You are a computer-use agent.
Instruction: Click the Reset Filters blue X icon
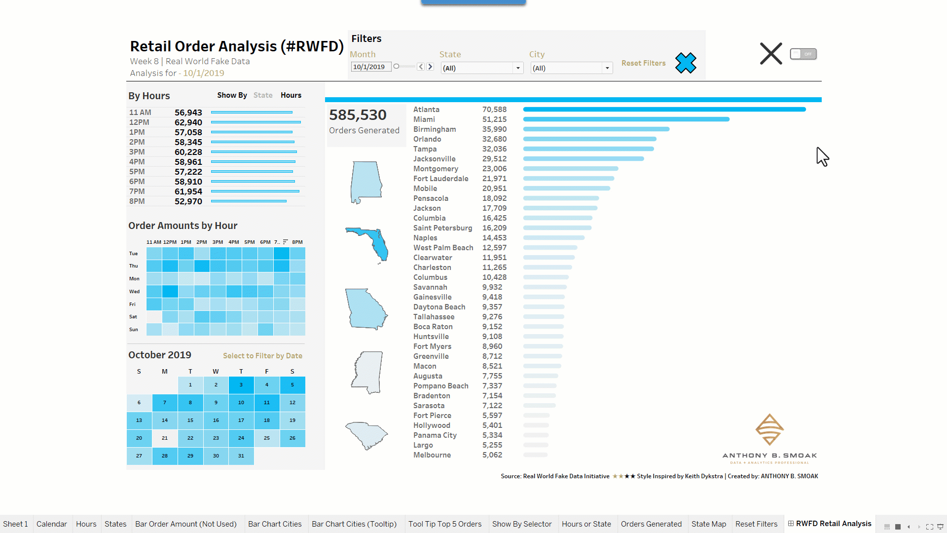pos(686,63)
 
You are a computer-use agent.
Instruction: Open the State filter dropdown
pos(517,68)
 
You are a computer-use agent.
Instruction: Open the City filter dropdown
pos(607,68)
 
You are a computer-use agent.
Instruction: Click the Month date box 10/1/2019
pos(370,67)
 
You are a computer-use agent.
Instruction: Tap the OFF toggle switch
pos(803,54)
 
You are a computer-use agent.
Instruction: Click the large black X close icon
pos(770,54)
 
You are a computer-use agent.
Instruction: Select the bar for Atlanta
pos(664,110)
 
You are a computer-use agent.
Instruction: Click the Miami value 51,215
pos(494,119)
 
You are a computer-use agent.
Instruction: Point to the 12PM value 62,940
pos(188,122)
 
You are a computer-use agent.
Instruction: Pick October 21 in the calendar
pos(165,438)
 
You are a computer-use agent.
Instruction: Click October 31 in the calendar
pos(241,456)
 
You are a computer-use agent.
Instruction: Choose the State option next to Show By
pos(263,95)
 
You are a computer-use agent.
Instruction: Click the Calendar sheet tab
pos(51,524)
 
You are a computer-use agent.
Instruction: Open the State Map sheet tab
pos(708,524)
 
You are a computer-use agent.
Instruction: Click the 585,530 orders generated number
pos(358,115)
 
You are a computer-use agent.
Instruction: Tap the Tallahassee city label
pos(434,317)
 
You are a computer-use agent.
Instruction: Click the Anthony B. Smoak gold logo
pos(769,430)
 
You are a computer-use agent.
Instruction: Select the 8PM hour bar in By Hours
pos(249,201)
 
